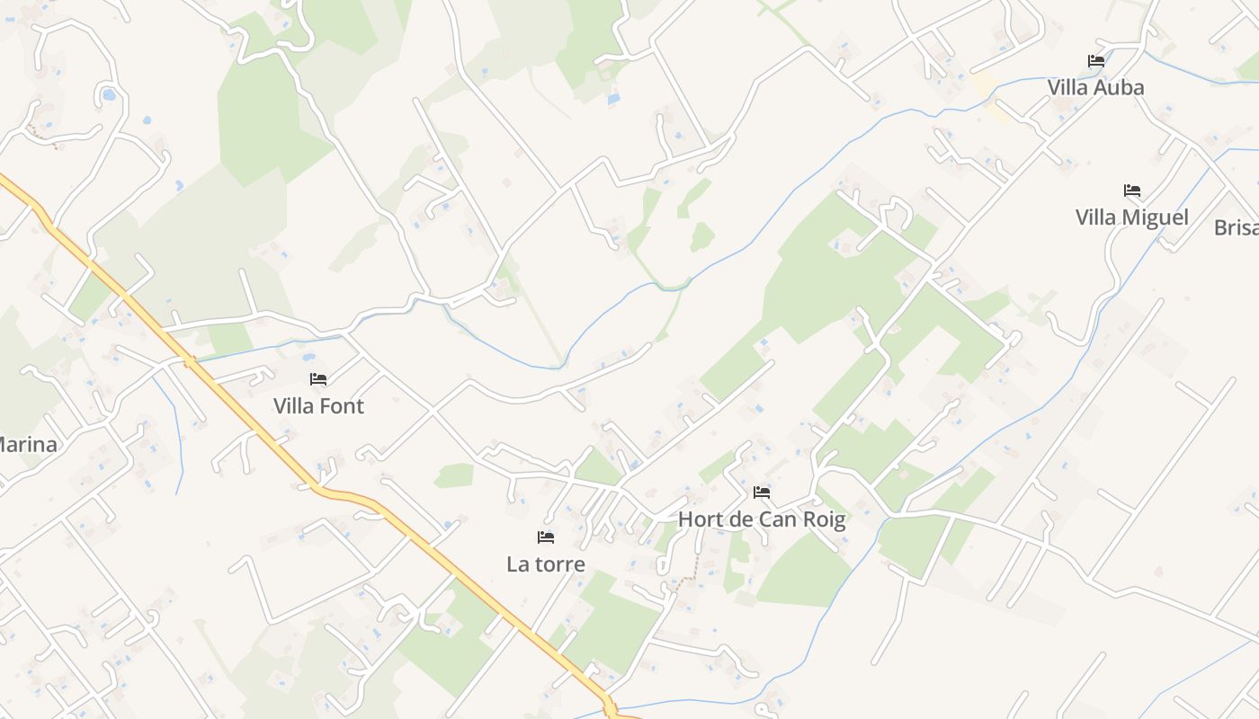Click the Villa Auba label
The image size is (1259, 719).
pyautogui.click(x=1095, y=87)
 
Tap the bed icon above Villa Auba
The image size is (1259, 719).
pyautogui.click(x=1095, y=61)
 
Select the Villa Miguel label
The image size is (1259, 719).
pyautogui.click(x=1131, y=217)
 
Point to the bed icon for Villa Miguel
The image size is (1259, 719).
pyautogui.click(x=1131, y=191)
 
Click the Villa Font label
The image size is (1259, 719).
pyautogui.click(x=318, y=405)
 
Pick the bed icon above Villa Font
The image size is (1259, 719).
pyautogui.click(x=318, y=379)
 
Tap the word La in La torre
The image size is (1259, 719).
pyautogui.click(x=517, y=564)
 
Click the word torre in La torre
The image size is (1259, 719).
pyautogui.click(x=558, y=564)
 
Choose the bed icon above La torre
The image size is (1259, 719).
pyautogui.click(x=545, y=537)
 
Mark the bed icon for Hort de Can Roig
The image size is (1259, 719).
pyautogui.click(x=762, y=493)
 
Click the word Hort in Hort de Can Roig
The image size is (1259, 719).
pyautogui.click(x=699, y=519)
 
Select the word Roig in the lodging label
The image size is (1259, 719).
pyautogui.click(x=823, y=519)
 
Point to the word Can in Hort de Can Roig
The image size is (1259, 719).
pyautogui.click(x=779, y=519)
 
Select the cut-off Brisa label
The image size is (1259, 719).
pyautogui.click(x=1237, y=227)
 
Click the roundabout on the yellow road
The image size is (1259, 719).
pyautogui.click(x=612, y=709)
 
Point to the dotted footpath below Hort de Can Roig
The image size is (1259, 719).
pyautogui.click(x=689, y=572)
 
